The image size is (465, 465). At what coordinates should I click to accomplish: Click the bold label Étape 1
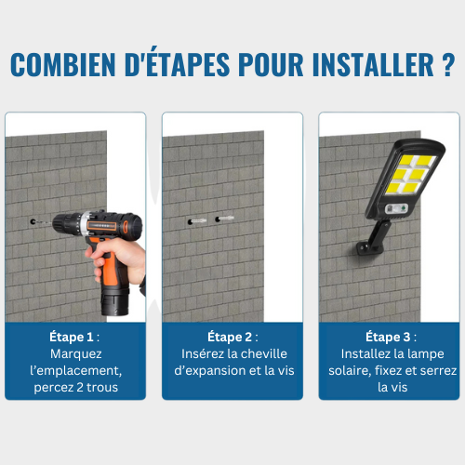coord(71,336)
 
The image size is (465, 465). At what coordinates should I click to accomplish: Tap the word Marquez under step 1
coord(75,353)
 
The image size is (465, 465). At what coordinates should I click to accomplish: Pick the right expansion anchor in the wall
coord(229,220)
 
